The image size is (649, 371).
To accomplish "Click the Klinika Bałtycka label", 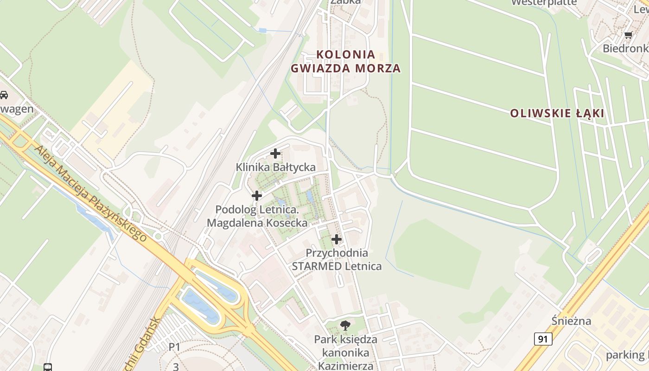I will [x=275, y=167].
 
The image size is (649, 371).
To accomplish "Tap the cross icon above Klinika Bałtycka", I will [x=275, y=154].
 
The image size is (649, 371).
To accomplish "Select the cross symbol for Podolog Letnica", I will [x=257, y=196].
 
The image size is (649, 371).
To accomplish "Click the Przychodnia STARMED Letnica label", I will [x=337, y=260].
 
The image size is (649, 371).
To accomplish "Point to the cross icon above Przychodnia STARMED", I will [x=337, y=239].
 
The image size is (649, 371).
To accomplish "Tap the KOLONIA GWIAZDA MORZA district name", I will [x=346, y=61].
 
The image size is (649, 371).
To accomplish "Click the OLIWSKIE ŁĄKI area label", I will [x=557, y=113].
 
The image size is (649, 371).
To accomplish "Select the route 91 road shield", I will [x=543, y=339].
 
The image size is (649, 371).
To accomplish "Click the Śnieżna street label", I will [x=572, y=320].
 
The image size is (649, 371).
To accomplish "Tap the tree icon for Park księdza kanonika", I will [x=345, y=325].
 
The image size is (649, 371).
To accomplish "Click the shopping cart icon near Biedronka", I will [x=628, y=35].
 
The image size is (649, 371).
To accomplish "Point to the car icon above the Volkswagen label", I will [x=4, y=95].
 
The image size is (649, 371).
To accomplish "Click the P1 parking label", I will [x=174, y=346].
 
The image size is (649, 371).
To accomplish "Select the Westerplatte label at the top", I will [x=544, y=3].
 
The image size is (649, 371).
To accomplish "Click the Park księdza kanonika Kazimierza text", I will [x=346, y=352].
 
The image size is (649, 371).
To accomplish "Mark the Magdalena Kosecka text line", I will [x=257, y=223].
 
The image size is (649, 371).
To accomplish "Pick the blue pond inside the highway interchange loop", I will [x=202, y=304].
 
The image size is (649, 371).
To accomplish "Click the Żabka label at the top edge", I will [x=345, y=2].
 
